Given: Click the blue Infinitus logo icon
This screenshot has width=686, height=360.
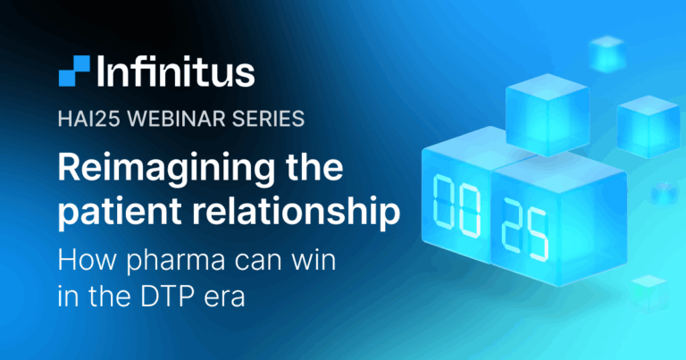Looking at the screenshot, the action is (x=74, y=71).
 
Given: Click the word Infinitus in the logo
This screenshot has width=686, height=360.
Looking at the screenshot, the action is (x=176, y=71).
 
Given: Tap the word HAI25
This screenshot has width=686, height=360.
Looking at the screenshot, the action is (x=88, y=119).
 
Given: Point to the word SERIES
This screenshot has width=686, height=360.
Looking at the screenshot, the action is (x=268, y=119).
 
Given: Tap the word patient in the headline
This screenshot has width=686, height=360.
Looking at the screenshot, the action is (x=120, y=211).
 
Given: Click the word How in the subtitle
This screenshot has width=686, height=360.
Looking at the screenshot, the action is (x=88, y=259).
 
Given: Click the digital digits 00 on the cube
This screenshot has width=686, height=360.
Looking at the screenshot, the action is (x=456, y=206).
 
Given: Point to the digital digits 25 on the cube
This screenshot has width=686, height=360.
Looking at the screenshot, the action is (x=525, y=230).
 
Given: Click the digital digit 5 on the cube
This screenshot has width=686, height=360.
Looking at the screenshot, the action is (x=537, y=236).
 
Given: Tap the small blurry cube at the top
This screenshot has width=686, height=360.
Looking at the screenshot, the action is (x=607, y=54).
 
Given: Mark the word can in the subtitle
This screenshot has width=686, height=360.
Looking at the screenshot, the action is (x=254, y=262).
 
